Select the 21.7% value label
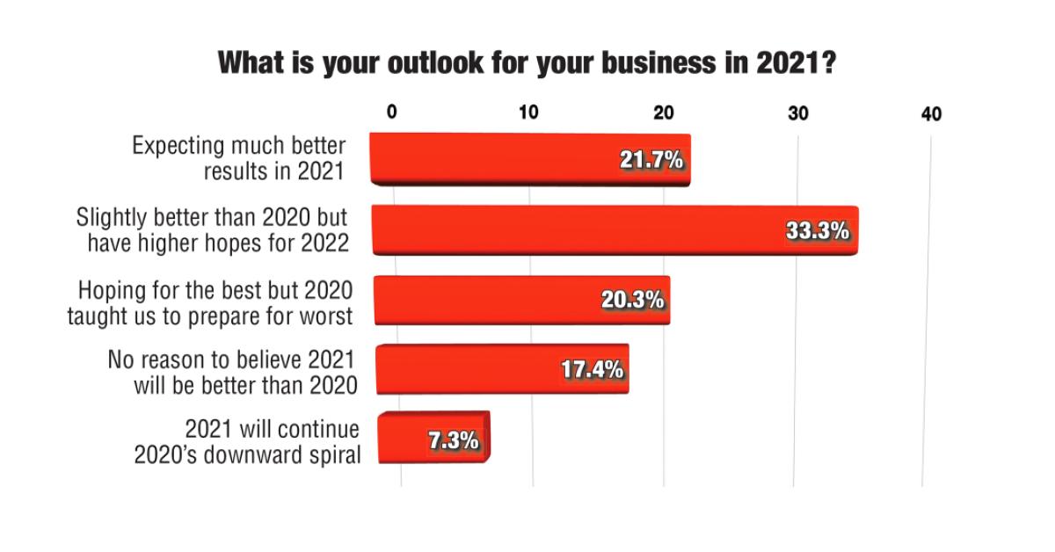(651, 160)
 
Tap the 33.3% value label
(817, 231)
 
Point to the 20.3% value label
(631, 301)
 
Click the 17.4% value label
(593, 369)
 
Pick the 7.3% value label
(454, 440)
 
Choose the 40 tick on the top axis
(931, 114)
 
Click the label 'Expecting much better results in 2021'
(239, 158)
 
